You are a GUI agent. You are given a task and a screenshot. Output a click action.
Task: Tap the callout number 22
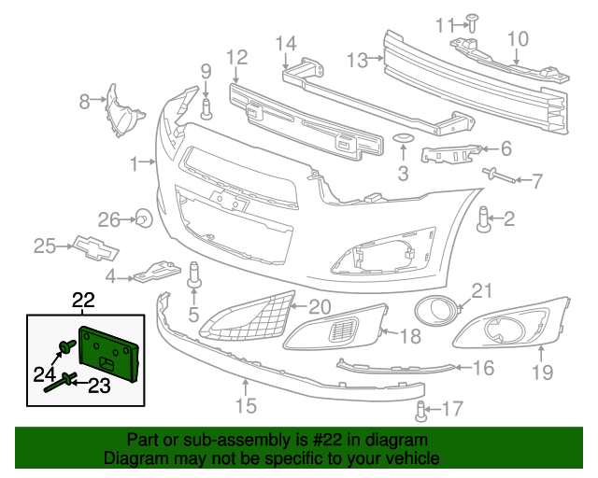pos(84,301)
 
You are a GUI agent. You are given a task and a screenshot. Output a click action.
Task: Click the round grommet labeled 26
pos(144,220)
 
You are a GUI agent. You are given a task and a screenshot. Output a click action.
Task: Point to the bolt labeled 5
pos(196,275)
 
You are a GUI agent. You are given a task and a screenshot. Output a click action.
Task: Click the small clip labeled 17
pos(421,408)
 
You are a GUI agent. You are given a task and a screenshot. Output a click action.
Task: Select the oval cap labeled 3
pos(404,140)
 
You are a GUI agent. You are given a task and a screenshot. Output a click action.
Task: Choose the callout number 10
pos(518,38)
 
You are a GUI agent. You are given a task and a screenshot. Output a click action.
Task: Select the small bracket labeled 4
pos(155,272)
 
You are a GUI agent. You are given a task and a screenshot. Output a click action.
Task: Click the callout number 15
pos(245,405)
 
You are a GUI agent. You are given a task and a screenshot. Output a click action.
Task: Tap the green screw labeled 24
pos(64,349)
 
